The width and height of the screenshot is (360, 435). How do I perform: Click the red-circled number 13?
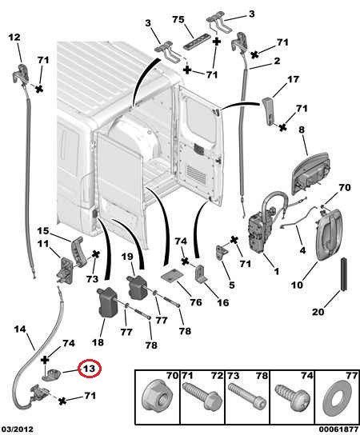pos(90,369)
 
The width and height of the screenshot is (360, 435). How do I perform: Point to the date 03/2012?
pos(17,429)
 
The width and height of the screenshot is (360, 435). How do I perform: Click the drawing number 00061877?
pos(338,429)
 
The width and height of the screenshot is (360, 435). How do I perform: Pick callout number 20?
pos(318,312)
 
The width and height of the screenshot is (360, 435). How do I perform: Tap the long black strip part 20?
pos(344,274)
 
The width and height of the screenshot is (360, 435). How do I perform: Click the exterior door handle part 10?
pos(328,235)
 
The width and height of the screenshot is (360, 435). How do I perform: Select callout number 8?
pos(302,130)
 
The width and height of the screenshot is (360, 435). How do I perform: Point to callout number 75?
pos(178,20)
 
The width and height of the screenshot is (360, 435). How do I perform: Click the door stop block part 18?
pos(107,302)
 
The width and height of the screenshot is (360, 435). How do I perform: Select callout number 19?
pos(127,257)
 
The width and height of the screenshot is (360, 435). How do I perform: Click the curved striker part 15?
pos(78,251)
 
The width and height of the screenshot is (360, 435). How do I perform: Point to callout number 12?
pos(14,37)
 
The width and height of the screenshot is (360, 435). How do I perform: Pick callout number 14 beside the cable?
pos(20,329)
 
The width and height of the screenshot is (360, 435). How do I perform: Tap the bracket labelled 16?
pos(201,273)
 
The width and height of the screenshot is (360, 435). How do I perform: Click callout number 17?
pos(293,79)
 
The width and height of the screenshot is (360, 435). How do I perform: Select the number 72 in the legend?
pos(217,375)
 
